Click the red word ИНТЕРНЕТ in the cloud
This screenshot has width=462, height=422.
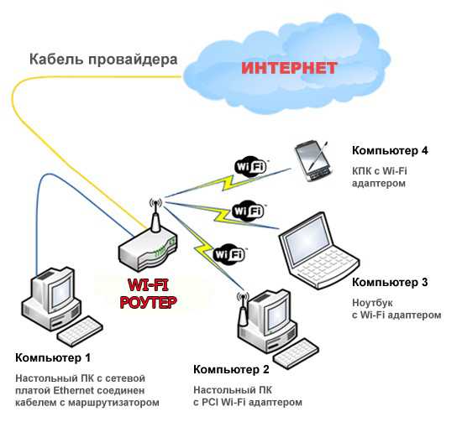click(289, 68)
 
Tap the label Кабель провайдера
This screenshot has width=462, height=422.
click(103, 60)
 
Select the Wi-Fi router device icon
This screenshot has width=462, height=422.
click(148, 242)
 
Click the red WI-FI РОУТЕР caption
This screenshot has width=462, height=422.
click(148, 294)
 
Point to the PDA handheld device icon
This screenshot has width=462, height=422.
click(313, 161)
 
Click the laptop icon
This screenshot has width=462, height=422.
click(319, 251)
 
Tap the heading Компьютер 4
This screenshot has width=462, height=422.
click(390, 151)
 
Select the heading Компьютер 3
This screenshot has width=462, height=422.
click(390, 282)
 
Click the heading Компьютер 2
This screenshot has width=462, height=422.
click(231, 369)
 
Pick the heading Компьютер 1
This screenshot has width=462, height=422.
click(53, 358)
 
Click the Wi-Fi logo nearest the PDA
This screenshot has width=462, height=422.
click(251, 167)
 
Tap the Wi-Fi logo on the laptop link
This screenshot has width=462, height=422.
click(248, 211)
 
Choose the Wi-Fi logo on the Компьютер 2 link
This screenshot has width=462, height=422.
click(229, 254)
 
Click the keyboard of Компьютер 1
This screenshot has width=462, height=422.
click(80, 331)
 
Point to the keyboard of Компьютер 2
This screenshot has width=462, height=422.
click(297, 353)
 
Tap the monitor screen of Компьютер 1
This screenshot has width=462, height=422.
click(61, 290)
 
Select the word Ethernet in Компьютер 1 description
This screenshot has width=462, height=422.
click(75, 390)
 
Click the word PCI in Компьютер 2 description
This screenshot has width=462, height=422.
click(209, 402)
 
